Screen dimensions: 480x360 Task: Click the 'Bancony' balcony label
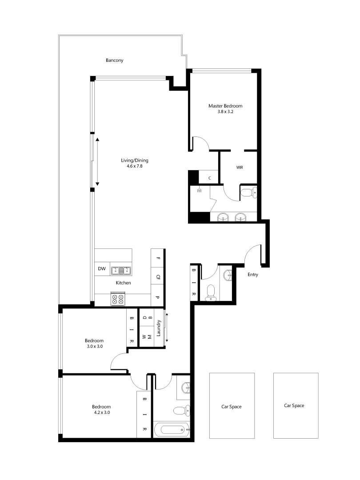114,60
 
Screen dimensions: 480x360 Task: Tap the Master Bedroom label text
225,106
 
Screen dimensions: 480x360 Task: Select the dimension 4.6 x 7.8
134,166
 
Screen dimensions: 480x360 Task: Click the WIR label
240,168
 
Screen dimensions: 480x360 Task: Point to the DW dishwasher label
102,269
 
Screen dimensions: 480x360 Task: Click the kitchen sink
120,269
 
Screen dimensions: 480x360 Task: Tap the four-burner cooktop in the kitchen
118,299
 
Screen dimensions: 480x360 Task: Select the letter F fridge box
158,258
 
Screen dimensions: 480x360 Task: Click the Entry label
252,275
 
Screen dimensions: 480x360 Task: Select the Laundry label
158,328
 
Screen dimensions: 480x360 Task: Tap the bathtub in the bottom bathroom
171,430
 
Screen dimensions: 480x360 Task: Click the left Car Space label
232,407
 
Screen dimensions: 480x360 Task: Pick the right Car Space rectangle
296,405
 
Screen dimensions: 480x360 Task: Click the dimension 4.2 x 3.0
101,412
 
